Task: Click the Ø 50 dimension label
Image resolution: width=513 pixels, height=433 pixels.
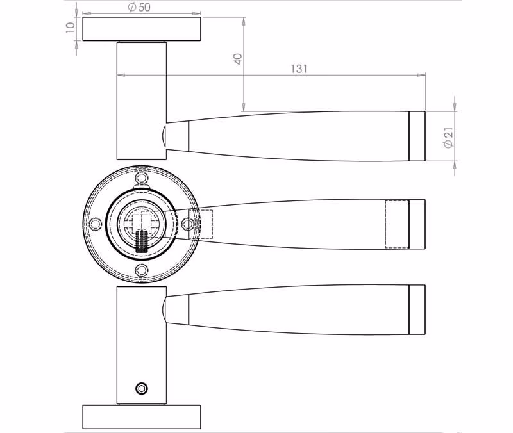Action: point(139,7)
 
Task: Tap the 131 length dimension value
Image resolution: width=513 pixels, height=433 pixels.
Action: point(299,69)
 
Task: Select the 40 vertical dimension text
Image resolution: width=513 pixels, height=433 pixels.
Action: point(238,59)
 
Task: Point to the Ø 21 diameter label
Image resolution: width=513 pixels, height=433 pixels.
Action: point(449,138)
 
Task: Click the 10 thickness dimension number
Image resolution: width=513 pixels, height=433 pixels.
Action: point(71,28)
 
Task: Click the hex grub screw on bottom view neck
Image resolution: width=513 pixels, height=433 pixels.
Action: point(142,388)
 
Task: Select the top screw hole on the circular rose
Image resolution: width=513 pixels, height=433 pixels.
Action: point(141,178)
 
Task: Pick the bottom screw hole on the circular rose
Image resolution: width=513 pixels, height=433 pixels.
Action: point(141,270)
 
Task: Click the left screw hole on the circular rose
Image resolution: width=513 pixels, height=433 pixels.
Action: point(96,224)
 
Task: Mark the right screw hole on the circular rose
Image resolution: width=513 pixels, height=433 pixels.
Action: point(187,224)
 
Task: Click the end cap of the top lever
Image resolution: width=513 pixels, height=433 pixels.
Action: point(417,136)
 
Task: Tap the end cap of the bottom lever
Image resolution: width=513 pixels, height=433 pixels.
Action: point(417,310)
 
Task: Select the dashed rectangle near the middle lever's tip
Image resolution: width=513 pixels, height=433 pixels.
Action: point(397,224)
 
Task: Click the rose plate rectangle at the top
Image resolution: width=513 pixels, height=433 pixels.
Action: point(141,29)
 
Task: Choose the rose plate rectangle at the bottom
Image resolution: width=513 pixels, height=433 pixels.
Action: point(141,417)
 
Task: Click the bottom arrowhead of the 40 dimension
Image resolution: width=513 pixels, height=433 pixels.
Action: point(244,107)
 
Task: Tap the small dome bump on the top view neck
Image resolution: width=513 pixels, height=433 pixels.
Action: point(164,136)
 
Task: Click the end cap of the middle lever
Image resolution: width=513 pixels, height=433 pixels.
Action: point(417,224)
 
